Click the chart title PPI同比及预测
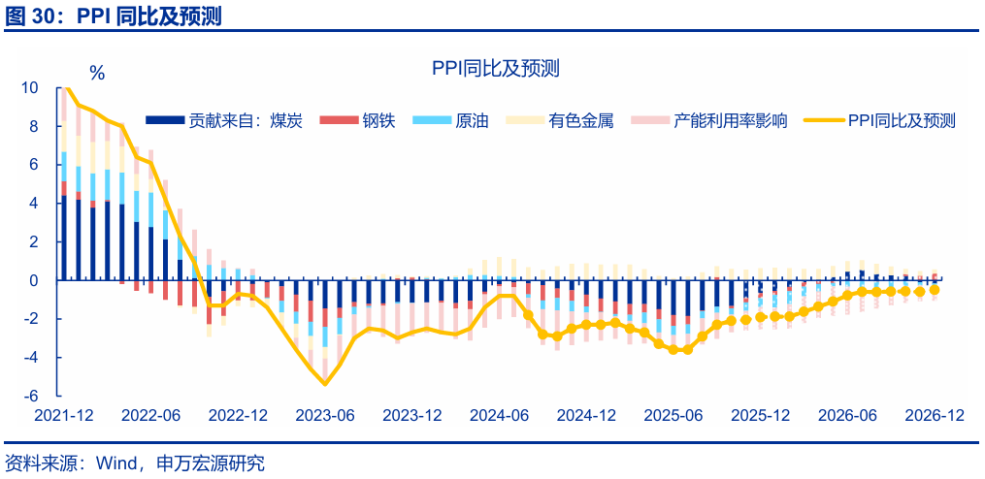(x=495, y=68)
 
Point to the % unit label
(x=97, y=73)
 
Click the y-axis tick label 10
(x=30, y=88)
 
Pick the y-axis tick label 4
(x=34, y=204)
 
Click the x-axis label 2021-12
(x=63, y=415)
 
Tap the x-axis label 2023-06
(x=325, y=415)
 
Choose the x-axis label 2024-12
(x=586, y=415)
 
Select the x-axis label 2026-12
(x=935, y=415)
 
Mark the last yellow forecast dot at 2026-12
(x=935, y=289)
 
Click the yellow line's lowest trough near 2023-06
(x=325, y=384)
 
